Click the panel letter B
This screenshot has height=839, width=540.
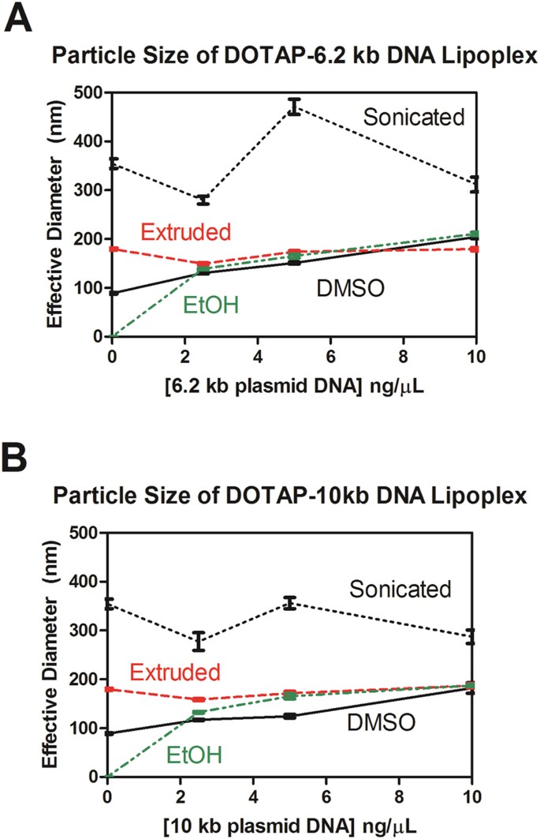19,457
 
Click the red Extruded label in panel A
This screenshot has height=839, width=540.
185,231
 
